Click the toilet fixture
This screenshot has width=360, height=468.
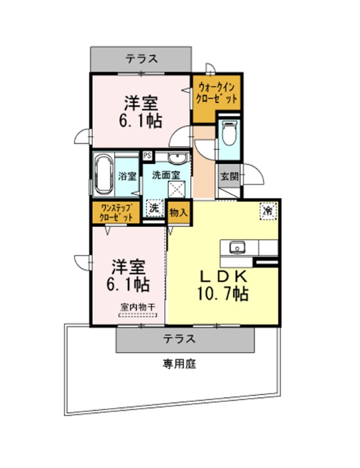[x=229, y=133]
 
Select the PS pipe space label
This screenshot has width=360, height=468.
[x=147, y=155]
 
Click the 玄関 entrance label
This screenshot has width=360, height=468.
[x=230, y=177]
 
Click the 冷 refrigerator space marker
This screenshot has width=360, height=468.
[x=268, y=211]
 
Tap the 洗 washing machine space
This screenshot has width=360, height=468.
[x=154, y=208]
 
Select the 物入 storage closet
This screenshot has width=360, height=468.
[x=178, y=212]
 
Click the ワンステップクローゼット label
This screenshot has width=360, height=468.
[x=116, y=212]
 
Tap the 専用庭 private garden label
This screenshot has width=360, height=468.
[x=179, y=364]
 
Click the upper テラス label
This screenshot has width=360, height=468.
[x=141, y=59]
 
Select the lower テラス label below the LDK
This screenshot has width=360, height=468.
[x=179, y=339]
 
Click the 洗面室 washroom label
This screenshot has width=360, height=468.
[x=166, y=175]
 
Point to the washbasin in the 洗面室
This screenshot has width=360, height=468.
[x=178, y=158]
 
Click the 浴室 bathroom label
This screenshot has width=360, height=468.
[x=127, y=176]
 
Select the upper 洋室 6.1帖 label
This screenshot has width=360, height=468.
[x=141, y=112]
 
